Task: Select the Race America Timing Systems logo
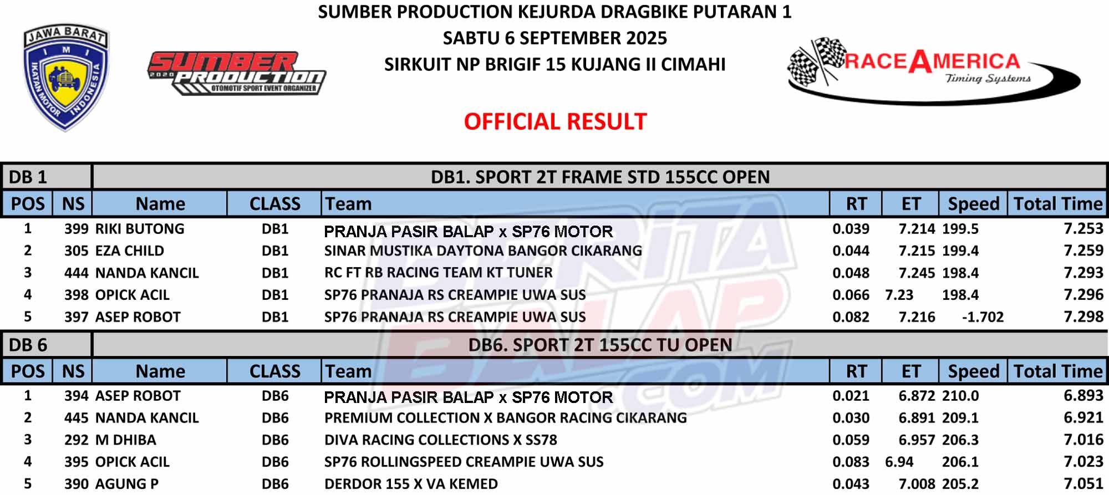[x=934, y=71]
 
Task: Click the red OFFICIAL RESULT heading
[x=555, y=121]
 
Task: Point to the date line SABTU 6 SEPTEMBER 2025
[x=554, y=38]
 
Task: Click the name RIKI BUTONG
[x=140, y=229]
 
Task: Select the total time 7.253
[x=1083, y=228]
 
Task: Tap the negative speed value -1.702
[x=983, y=317]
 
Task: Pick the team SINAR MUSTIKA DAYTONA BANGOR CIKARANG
[x=483, y=251]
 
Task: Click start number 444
[x=77, y=273]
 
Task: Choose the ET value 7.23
[x=899, y=295]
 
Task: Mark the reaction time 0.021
[x=851, y=396]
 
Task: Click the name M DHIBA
[x=126, y=440]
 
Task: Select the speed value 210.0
[x=960, y=396]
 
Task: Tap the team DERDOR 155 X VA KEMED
[x=411, y=484]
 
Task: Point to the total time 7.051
[x=1083, y=484]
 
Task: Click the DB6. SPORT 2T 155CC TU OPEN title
[x=600, y=345]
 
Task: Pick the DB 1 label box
[x=47, y=177]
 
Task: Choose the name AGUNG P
[x=127, y=484]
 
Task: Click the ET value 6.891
[x=917, y=418]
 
